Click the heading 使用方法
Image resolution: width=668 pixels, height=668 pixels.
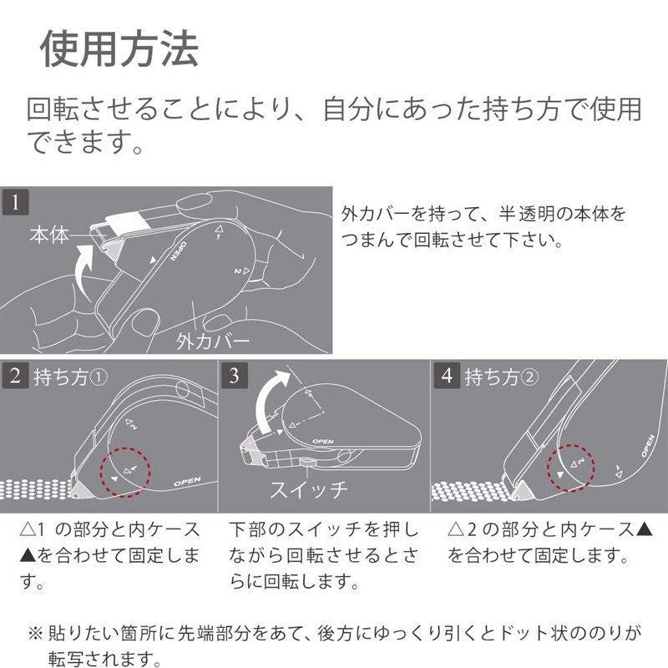119,50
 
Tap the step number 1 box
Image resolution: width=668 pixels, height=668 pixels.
14,202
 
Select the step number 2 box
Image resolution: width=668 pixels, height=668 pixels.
14,377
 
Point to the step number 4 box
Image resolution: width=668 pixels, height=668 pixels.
447,377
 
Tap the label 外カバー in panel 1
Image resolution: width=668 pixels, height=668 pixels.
213,341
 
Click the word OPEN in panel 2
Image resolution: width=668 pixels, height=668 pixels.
187,482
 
